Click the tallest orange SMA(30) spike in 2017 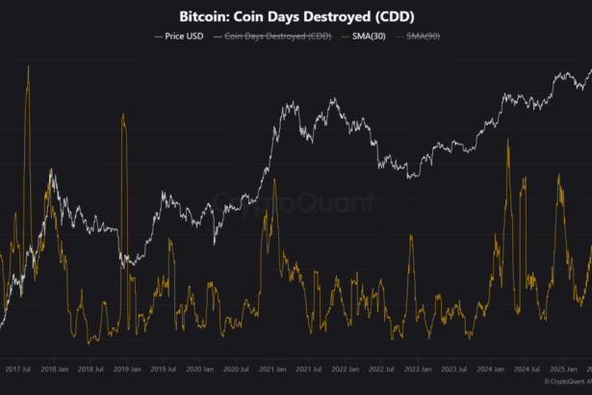click(x=28, y=67)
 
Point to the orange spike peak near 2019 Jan click(x=123, y=116)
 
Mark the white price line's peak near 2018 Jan click(x=51, y=172)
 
